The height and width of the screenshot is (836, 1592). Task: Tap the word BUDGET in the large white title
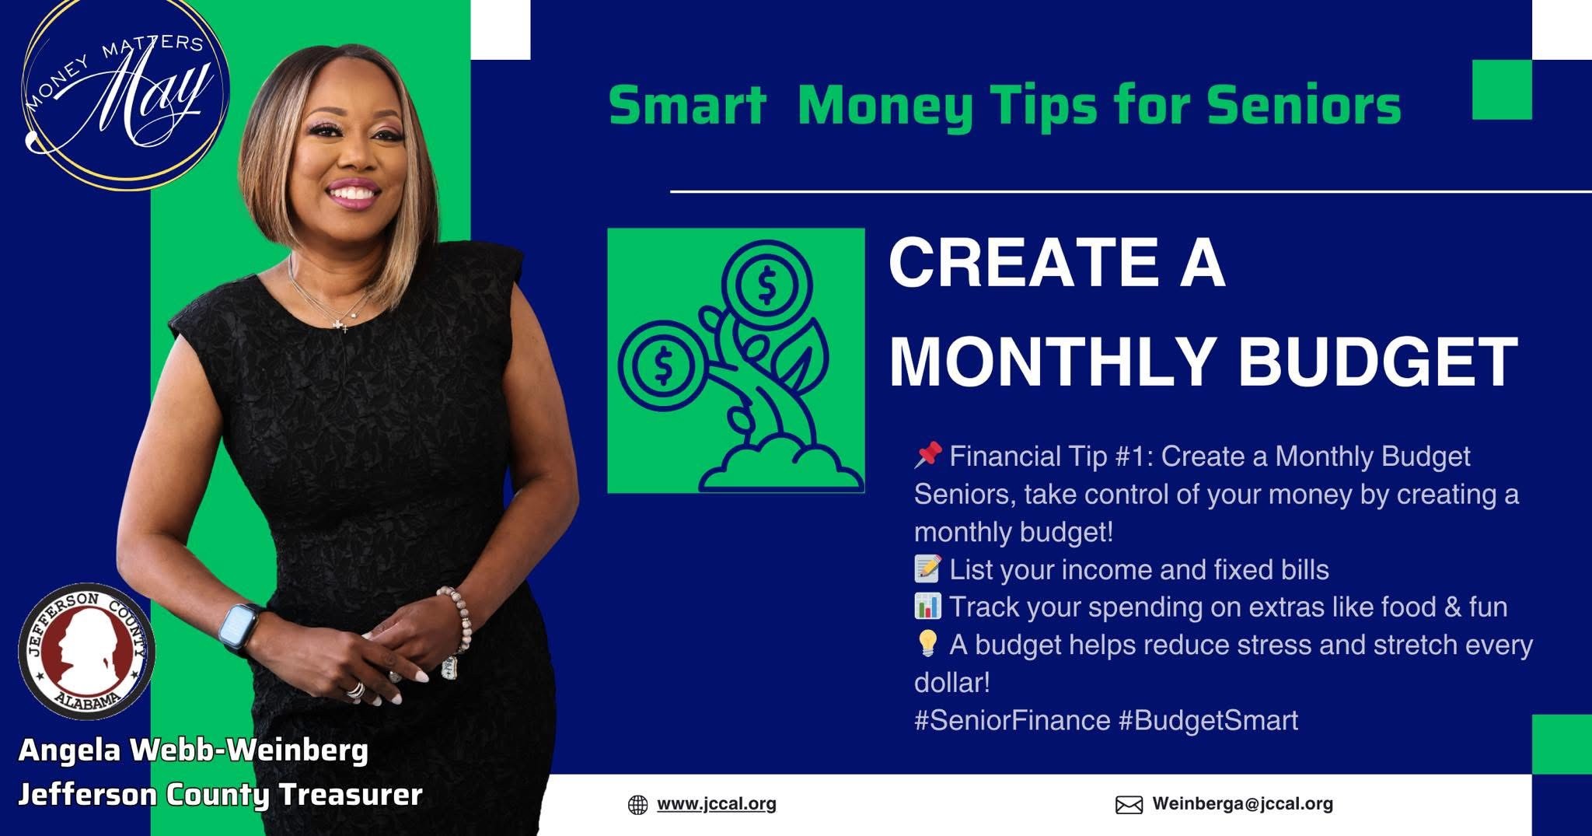point(1377,362)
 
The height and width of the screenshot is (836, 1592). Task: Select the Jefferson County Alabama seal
point(86,650)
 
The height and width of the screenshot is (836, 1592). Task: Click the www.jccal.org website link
point(717,803)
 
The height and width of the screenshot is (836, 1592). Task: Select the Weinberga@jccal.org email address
point(1242,803)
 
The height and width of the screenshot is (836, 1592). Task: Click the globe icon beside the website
point(637,805)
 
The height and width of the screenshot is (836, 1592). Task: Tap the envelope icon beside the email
point(1129,805)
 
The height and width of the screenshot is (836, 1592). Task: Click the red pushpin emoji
point(928,455)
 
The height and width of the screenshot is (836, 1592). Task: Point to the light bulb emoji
point(927,643)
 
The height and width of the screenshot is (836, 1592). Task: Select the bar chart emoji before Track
point(927,606)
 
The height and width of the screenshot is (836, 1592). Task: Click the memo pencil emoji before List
point(927,568)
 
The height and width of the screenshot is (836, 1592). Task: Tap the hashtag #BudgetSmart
point(1209,720)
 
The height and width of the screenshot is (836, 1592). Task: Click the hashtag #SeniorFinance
point(1012,720)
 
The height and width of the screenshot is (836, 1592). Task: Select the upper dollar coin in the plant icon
point(766,285)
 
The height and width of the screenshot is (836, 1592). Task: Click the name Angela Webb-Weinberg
point(193,750)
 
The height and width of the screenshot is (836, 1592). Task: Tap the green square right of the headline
point(1502,89)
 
